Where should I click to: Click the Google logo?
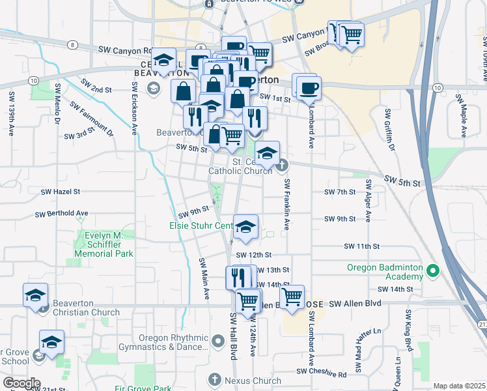[21, 383]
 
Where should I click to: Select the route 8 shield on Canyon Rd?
[72, 44]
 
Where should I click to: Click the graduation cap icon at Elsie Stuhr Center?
[245, 227]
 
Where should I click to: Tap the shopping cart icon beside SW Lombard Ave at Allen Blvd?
[292, 297]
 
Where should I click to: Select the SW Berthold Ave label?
[61, 213]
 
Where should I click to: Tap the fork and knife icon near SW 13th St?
[238, 277]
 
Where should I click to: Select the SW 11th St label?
[362, 246]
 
